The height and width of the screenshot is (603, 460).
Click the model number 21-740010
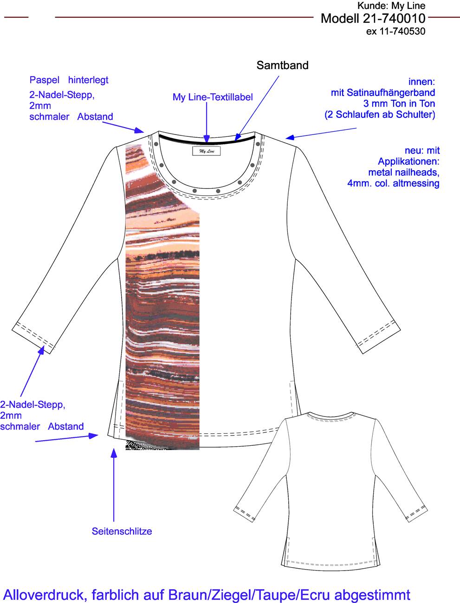point(394,19)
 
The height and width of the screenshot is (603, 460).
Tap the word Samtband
point(283,65)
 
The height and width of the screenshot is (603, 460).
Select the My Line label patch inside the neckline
point(207,151)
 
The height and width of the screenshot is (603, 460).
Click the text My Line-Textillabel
point(213,97)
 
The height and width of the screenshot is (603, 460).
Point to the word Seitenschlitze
point(122,531)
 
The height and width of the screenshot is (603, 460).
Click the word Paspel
point(44,80)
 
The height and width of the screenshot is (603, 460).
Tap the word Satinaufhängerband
point(391,93)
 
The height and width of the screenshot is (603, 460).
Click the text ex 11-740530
point(395,32)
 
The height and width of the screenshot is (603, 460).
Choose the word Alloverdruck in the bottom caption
point(44,595)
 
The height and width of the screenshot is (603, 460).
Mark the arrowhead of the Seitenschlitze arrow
point(114,453)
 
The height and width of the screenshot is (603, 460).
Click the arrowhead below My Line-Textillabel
point(207,139)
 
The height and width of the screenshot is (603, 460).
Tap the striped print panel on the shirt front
point(162,297)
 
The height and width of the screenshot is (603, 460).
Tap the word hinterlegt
point(88,80)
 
